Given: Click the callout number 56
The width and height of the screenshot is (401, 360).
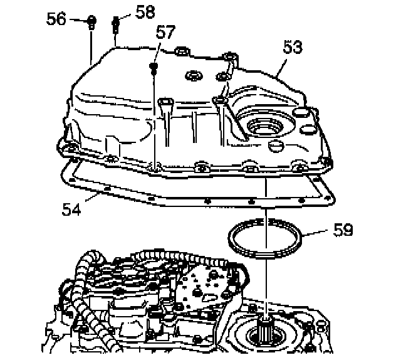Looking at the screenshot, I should pos(56,19).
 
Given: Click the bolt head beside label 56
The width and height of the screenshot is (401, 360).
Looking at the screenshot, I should pos(91,21).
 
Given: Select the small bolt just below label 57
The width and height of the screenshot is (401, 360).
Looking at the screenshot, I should pos(153,66).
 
